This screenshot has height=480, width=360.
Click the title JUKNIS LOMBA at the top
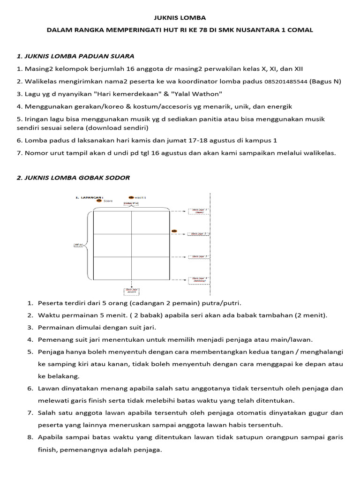point(180,18)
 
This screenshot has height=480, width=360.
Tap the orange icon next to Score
point(99,201)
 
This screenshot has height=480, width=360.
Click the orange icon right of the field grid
point(174,231)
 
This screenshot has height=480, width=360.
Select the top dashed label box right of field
point(199,211)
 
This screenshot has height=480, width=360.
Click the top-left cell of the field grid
point(112,223)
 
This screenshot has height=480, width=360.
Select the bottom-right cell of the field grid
point(150,268)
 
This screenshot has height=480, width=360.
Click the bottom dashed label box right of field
point(199,280)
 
